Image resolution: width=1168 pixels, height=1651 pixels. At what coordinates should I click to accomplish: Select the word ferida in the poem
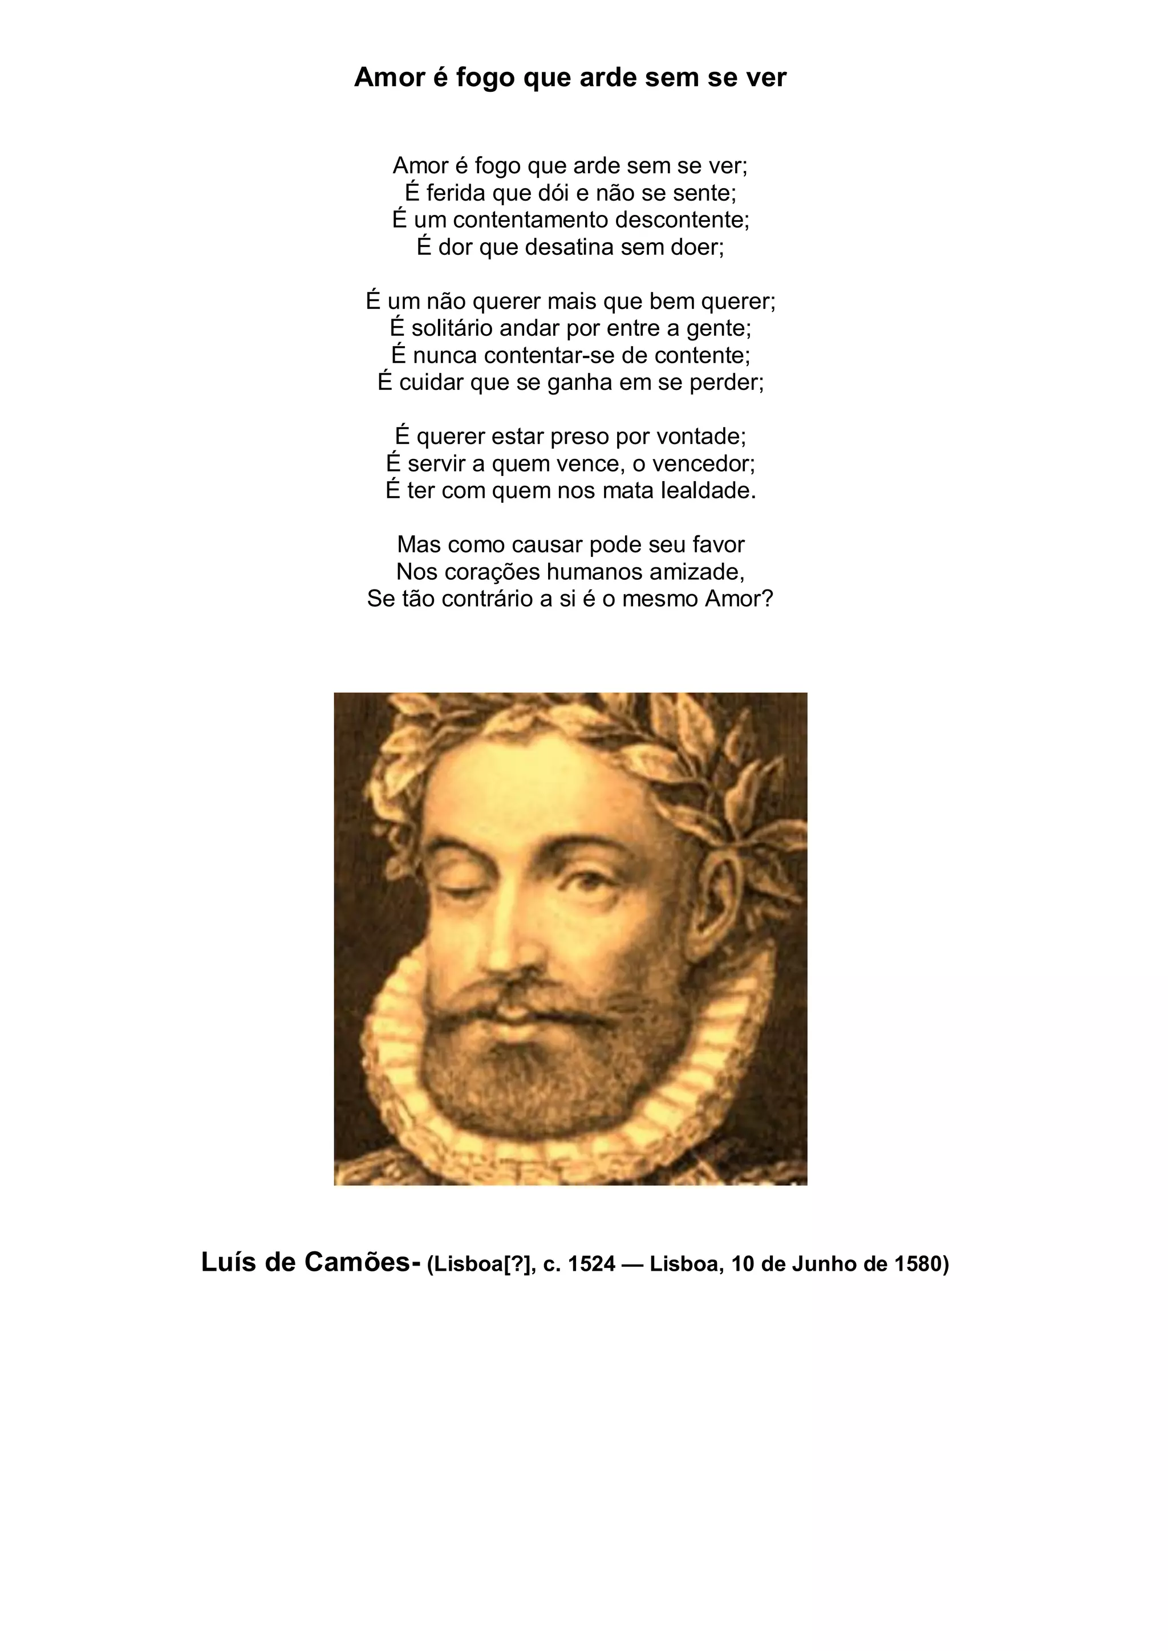(x=455, y=193)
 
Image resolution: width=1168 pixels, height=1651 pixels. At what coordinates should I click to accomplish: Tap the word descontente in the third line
(x=672, y=219)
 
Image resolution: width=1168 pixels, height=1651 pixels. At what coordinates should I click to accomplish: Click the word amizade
(x=695, y=572)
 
